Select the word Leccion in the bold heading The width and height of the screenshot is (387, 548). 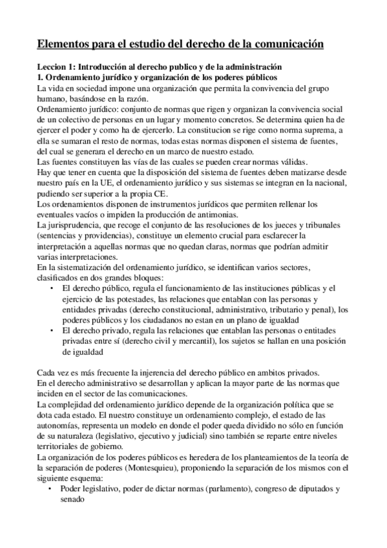coord(52,67)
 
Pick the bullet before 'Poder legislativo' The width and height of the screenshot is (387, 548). coord(52,490)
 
